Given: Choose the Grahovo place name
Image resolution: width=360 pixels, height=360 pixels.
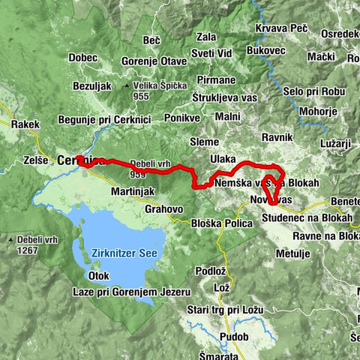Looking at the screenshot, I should (x=164, y=208).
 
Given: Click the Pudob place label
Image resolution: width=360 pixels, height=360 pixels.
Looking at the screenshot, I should (x=234, y=337).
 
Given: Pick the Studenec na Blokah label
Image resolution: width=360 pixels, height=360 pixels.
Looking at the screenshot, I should (x=307, y=217).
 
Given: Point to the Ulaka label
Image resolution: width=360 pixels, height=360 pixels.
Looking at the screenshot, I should (x=223, y=160).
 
